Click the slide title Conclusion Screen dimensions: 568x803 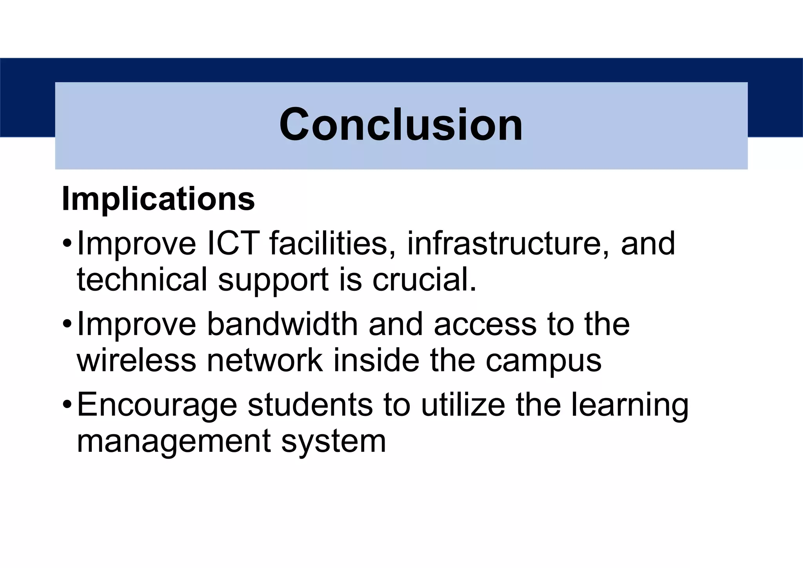(401, 125)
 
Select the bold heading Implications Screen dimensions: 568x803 (158, 199)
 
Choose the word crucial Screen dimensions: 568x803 (424, 280)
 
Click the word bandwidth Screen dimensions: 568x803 (282, 324)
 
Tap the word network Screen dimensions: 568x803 (265, 360)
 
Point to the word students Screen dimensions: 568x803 (310, 405)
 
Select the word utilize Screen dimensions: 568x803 (463, 405)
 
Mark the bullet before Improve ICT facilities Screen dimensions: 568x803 (67, 244)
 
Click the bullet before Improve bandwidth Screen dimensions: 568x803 (67, 325)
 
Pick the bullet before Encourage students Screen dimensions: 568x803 (67, 405)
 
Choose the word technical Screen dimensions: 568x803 (142, 280)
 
